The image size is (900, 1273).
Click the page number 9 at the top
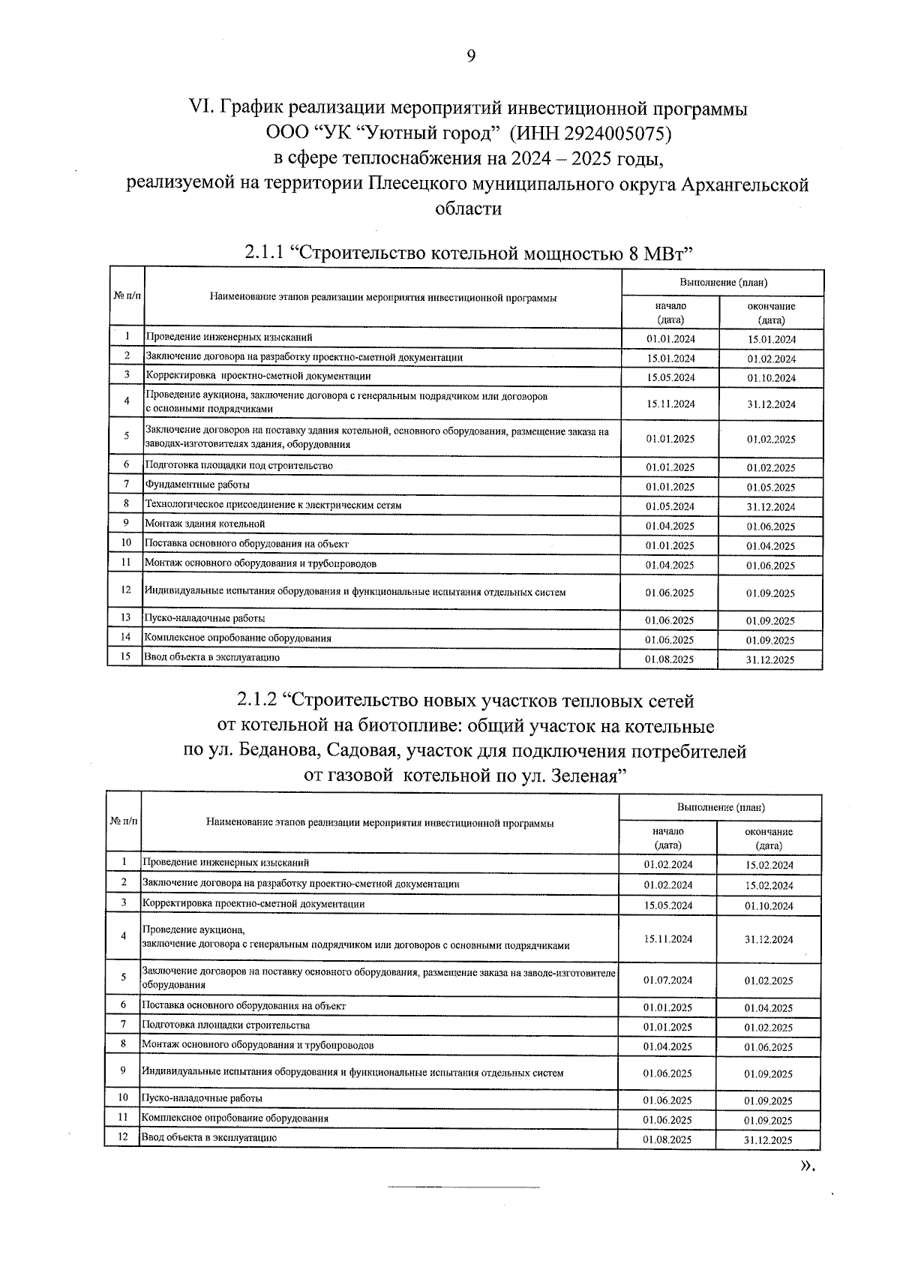click(470, 56)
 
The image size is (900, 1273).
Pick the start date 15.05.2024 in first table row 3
click(670, 377)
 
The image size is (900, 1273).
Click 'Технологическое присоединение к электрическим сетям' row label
click(273, 505)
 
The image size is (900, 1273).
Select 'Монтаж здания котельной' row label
click(205, 524)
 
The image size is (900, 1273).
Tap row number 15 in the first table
click(126, 657)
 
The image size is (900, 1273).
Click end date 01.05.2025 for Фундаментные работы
click(770, 488)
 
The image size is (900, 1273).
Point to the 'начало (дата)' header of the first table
click(670, 313)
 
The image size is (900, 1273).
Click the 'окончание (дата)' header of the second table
click(769, 839)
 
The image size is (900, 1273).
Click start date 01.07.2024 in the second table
click(668, 980)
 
